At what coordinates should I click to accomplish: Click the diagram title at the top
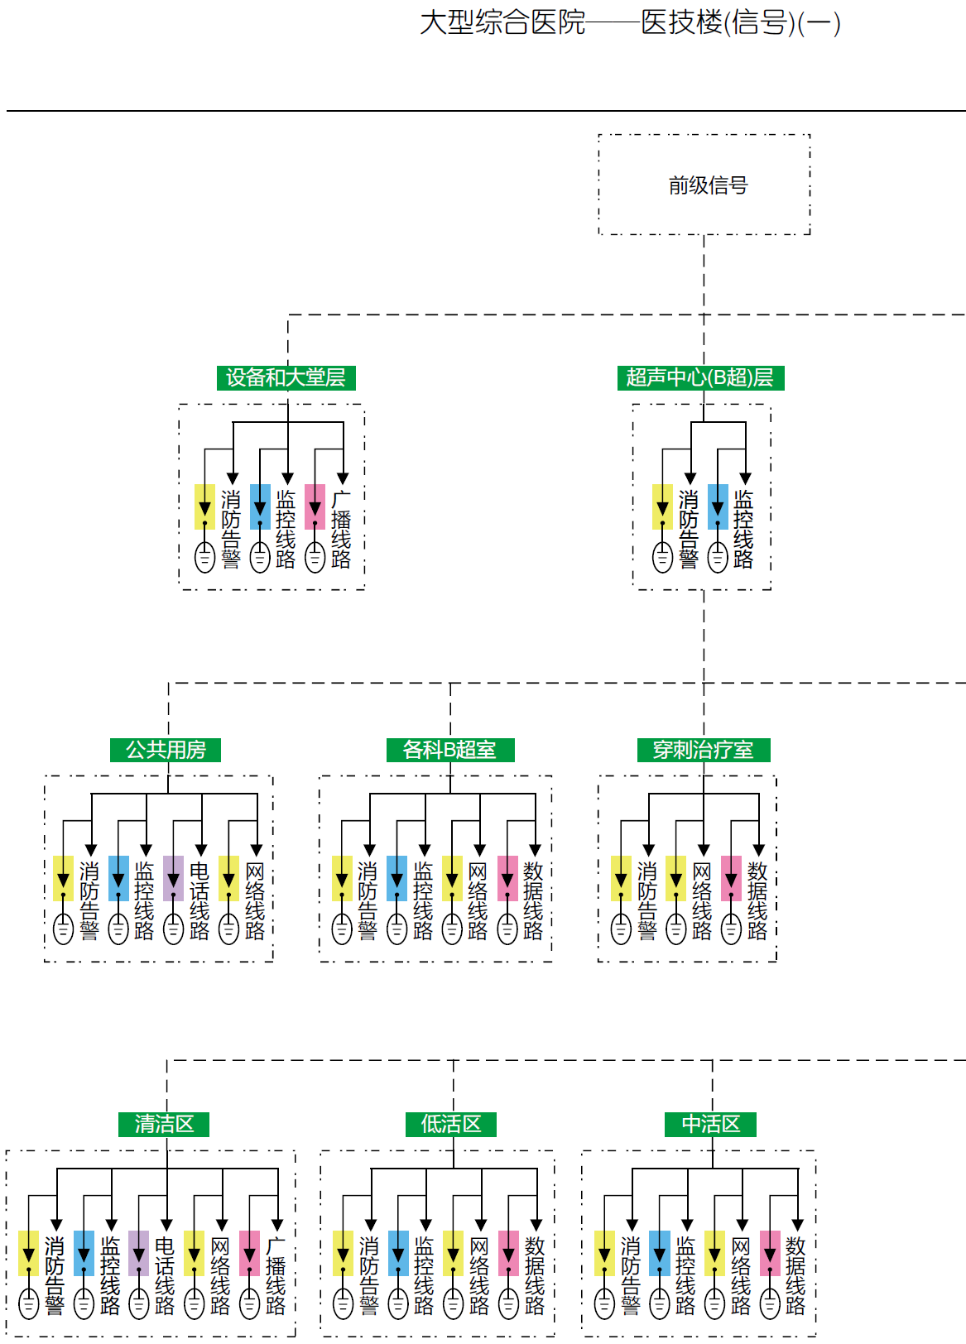[630, 23]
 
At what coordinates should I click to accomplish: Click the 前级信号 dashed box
[704, 185]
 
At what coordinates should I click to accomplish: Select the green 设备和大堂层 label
[286, 378]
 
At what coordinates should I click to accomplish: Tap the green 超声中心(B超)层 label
[700, 378]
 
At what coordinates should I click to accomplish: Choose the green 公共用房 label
[166, 750]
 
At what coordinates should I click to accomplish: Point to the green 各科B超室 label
[450, 750]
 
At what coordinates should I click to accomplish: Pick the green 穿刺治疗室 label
[704, 750]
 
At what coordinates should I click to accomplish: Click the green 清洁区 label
[165, 1124]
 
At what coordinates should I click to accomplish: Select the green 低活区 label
[451, 1124]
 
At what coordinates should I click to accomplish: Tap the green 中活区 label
[711, 1124]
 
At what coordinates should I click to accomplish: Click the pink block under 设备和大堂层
[315, 506]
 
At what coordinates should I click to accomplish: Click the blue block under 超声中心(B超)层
[718, 506]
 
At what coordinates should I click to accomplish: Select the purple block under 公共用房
[173, 878]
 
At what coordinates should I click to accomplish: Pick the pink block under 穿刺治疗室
[731, 878]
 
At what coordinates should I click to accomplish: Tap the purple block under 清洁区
[139, 1253]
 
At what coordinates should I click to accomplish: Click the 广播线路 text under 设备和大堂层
[341, 530]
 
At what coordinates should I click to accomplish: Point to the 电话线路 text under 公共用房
[199, 901]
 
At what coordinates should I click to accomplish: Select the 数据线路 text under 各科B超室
[534, 901]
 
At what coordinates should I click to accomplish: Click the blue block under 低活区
[398, 1253]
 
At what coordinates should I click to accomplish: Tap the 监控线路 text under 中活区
[685, 1275]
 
